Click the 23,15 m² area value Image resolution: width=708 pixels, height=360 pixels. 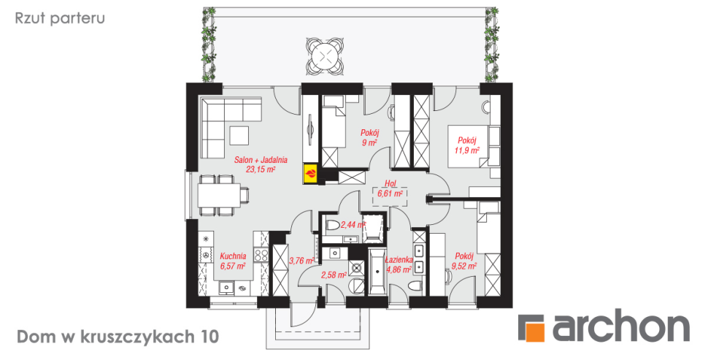(x=261, y=169)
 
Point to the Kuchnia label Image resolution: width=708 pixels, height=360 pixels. (x=233, y=256)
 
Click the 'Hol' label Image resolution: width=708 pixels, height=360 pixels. (x=390, y=183)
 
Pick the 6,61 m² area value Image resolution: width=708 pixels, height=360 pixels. (x=390, y=194)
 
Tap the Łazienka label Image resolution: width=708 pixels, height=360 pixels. (x=399, y=260)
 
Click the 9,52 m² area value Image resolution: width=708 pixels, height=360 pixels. (x=464, y=267)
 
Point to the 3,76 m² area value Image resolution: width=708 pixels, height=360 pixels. (x=301, y=261)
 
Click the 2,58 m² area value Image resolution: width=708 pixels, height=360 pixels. (x=334, y=275)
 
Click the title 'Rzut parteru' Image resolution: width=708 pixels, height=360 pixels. (x=60, y=18)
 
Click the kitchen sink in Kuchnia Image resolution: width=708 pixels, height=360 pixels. (x=225, y=287)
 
